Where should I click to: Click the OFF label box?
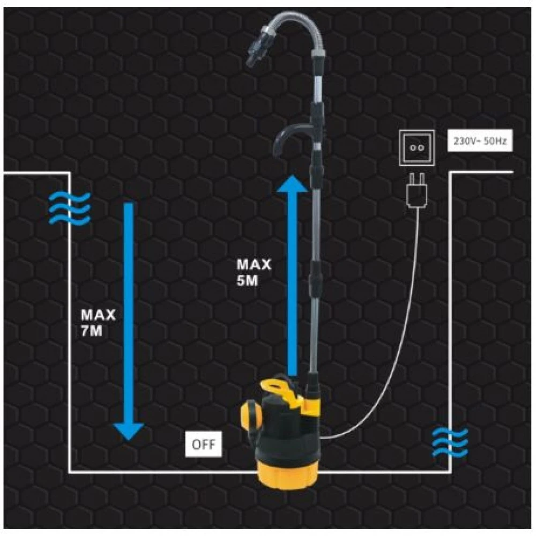click(x=202, y=444)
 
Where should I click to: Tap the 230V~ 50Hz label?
click(x=476, y=143)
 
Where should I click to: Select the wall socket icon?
click(x=416, y=146)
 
